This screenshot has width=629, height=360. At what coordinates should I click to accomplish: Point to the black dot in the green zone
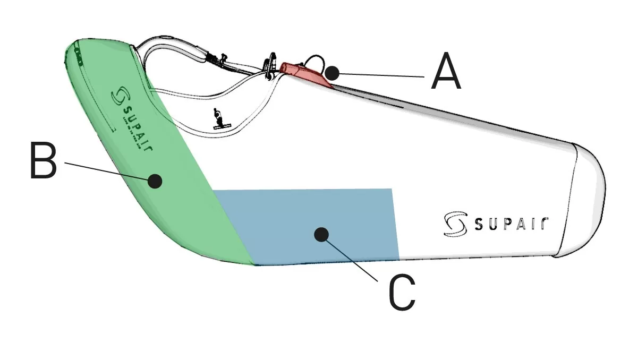click(155, 181)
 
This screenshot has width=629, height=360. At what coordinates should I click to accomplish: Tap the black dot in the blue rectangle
click(320, 234)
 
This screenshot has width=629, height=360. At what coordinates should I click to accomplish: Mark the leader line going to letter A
click(380, 75)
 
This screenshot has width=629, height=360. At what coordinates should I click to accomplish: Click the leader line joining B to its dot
click(106, 171)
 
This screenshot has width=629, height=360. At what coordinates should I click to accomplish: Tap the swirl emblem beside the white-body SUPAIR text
click(453, 224)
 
